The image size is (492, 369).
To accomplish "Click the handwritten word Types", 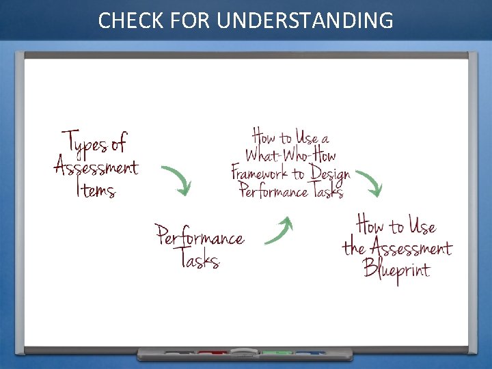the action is click(x=86, y=143).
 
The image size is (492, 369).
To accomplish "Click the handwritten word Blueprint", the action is click(x=396, y=269).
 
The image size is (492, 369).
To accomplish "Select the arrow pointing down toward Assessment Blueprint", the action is click(x=370, y=182).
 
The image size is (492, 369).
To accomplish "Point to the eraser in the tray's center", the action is click(x=244, y=353).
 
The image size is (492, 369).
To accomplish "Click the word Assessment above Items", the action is click(x=96, y=166).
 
